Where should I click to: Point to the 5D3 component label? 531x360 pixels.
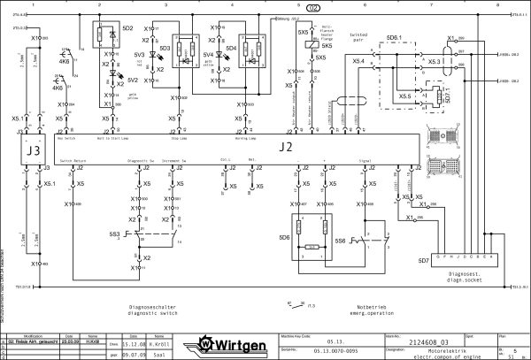[x=165, y=48]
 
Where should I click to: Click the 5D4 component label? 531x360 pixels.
[x=232, y=48]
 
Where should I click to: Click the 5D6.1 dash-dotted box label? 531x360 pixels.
[x=395, y=38]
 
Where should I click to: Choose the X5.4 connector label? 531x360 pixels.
[x=358, y=61]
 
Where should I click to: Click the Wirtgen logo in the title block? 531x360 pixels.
[x=235, y=343]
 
